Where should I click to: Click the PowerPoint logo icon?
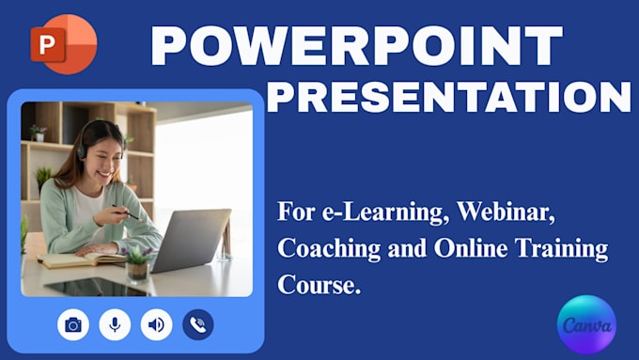64,44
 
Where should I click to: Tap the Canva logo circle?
586,324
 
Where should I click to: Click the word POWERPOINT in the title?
357,45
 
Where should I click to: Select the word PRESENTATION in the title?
449,97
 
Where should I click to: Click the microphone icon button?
115,324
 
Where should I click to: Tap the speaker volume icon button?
157,324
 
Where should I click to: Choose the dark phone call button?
198,324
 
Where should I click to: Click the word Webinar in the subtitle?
506,212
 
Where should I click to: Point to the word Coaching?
329,249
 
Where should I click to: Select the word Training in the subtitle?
562,249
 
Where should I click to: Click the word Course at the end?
319,284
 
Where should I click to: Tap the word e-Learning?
385,212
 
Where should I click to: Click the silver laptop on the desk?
190,240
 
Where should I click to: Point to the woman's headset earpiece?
82,151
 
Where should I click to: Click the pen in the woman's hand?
126,212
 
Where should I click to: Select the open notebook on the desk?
82,259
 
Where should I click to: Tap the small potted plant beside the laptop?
137,265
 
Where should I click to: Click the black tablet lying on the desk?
96,287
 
